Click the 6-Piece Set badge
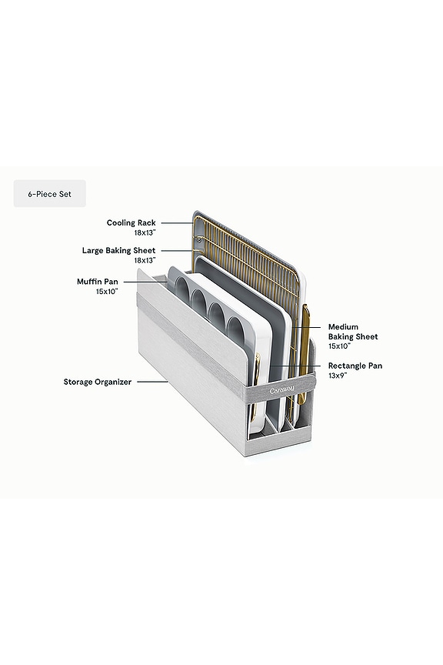(x=49, y=193)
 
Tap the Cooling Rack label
(x=131, y=222)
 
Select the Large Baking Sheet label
(x=118, y=250)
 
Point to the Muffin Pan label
(x=98, y=281)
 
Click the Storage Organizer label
(x=98, y=382)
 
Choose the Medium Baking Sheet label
(x=353, y=332)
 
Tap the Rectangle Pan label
(x=355, y=366)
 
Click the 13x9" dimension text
(x=338, y=376)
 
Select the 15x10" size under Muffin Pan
(x=107, y=292)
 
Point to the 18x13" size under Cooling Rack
(x=145, y=232)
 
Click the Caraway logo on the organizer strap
(x=282, y=389)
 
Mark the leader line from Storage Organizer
(x=152, y=382)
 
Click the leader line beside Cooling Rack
(x=177, y=222)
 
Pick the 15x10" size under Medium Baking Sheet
(x=339, y=346)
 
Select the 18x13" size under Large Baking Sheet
(x=145, y=260)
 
